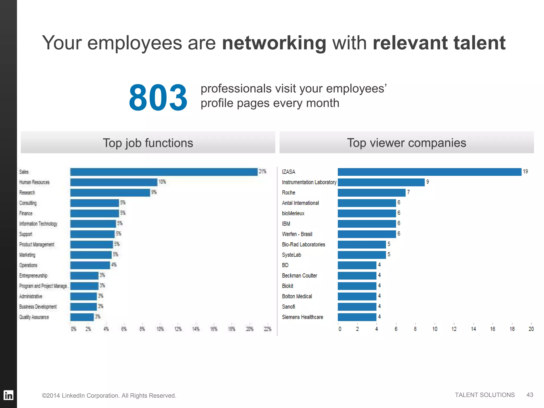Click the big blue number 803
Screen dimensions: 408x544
pyautogui.click(x=158, y=97)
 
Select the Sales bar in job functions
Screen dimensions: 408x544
pyautogui.click(x=164, y=172)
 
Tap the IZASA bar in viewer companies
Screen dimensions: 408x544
pyautogui.click(x=429, y=172)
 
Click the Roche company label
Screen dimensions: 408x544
pyautogui.click(x=288, y=193)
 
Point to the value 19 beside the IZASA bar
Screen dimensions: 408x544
pyautogui.click(x=525, y=172)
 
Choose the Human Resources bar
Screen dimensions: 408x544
pyautogui.click(x=114, y=182)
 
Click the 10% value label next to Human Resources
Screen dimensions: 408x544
pyautogui.click(x=162, y=182)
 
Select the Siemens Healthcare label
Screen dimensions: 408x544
pyautogui.click(x=302, y=317)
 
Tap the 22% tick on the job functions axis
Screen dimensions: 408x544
pyautogui.click(x=267, y=329)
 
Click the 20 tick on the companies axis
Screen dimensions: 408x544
pyautogui.click(x=531, y=329)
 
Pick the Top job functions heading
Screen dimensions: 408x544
pyautogui.click(x=148, y=143)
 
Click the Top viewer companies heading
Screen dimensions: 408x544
pyautogui.click(x=406, y=143)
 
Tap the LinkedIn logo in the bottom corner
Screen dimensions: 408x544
pyautogui.click(x=8, y=395)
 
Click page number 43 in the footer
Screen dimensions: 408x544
pyautogui.click(x=530, y=395)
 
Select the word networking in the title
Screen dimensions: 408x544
pyautogui.click(x=274, y=43)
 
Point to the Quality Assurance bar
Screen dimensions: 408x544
pyautogui.click(x=82, y=317)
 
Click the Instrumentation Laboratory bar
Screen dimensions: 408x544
pyautogui.click(x=381, y=182)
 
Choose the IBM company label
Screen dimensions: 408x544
pyautogui.click(x=286, y=224)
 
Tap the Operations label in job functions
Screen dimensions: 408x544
pyautogui.click(x=28, y=265)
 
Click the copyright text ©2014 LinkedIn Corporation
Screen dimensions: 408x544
pyautogui.click(x=109, y=396)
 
